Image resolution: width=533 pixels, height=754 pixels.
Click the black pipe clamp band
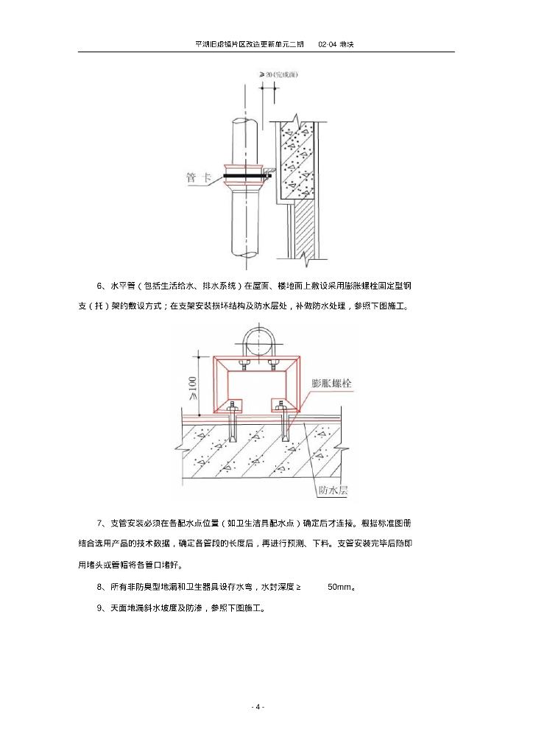[x=246, y=175]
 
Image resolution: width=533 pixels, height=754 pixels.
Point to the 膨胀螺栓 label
[x=331, y=384]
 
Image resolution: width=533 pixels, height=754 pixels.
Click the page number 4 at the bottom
[x=257, y=707]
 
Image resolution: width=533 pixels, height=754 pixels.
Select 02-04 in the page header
[x=328, y=44]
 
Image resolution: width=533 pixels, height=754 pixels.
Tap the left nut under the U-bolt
[x=244, y=364]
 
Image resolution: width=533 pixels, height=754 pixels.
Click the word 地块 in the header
[x=348, y=44]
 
